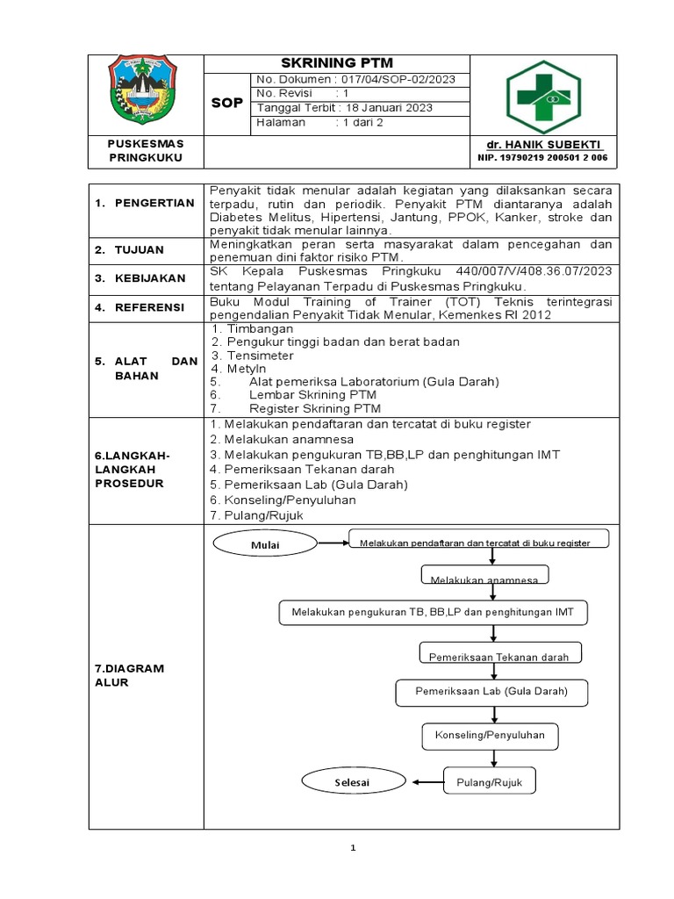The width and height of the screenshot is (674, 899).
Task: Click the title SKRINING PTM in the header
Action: tap(336, 63)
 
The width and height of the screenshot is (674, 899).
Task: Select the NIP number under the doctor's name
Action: tap(542, 158)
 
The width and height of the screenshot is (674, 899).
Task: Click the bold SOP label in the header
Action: tap(227, 103)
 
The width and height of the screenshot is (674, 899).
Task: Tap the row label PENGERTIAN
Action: tap(145, 204)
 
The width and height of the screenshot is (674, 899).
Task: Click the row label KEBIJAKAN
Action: tap(149, 278)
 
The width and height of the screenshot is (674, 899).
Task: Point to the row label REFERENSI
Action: tap(148, 307)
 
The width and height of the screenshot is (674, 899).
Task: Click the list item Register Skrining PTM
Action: tap(314, 408)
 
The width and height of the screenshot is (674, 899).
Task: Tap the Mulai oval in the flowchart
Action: tap(265, 544)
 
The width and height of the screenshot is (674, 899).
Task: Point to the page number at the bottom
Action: tap(352, 848)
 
